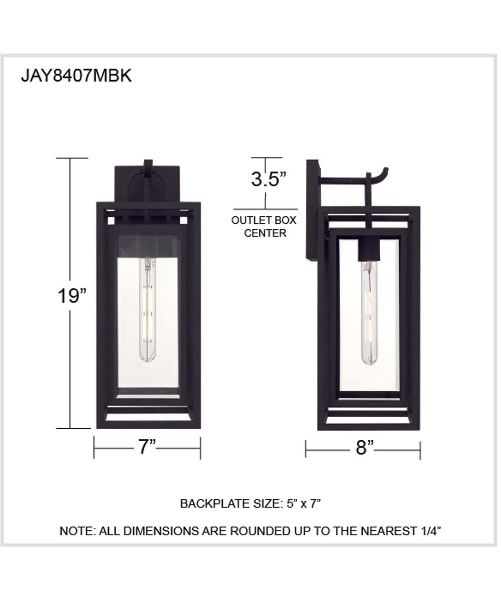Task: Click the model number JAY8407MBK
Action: pos(76,76)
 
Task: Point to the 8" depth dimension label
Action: pos(365,448)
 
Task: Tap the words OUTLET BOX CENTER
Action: pos(264,226)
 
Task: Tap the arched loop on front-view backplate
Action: pos(147,183)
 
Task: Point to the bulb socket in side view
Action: pos(369,250)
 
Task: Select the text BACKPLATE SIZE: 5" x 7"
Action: pos(250,503)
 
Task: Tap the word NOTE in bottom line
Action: pos(76,531)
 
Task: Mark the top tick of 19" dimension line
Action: pos(72,158)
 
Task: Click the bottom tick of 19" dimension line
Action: pos(72,428)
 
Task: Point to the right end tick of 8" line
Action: pos(420,450)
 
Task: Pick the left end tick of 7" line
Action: pos(94,448)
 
